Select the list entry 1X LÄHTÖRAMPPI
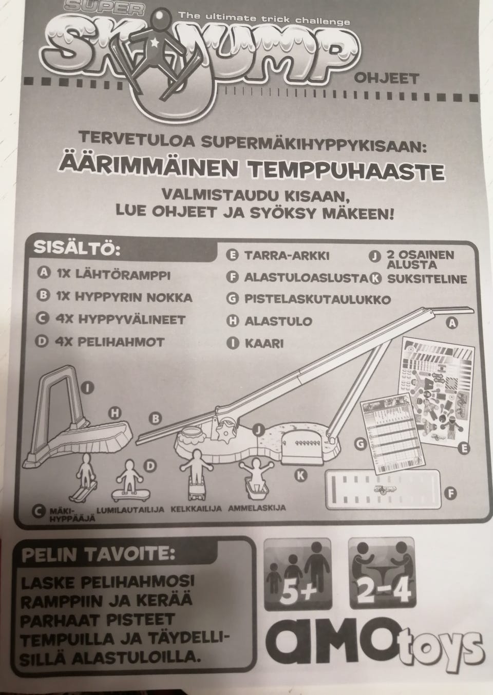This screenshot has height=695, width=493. tap(112, 274)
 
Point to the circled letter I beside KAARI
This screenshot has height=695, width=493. tap(233, 343)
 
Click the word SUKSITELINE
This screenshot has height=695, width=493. tap(427, 279)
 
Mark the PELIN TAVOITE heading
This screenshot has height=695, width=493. tap(98, 554)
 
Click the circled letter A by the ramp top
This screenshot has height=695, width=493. tap(452, 323)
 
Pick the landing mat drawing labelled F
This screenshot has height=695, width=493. tap(382, 489)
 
